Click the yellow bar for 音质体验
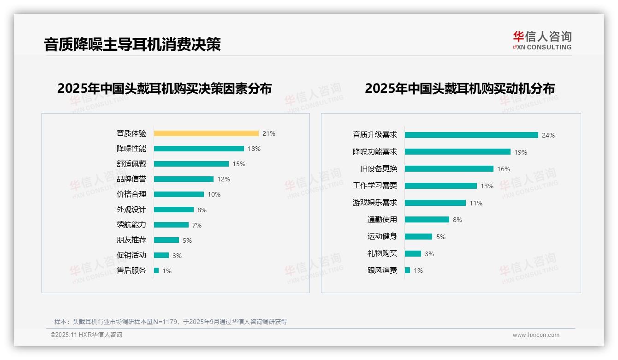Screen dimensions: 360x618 click(x=206, y=133)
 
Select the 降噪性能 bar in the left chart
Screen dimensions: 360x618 click(x=199, y=149)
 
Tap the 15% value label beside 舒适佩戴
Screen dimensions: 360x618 click(x=239, y=164)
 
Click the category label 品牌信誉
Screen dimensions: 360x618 click(x=131, y=179)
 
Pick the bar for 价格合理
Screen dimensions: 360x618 click(x=179, y=194)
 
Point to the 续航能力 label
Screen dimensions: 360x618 click(x=131, y=225)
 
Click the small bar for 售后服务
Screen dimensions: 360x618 click(x=156, y=270)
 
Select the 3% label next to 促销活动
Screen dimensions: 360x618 click(x=177, y=256)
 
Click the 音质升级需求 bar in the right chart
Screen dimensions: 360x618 click(x=471, y=135)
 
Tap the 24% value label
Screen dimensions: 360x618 click(x=548, y=135)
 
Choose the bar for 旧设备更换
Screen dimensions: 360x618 click(x=449, y=169)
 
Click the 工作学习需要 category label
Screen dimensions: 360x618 click(x=374, y=186)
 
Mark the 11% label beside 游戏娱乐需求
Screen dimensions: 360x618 click(x=476, y=203)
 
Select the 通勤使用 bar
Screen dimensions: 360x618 click(x=427, y=220)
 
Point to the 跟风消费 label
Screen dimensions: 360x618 click(x=382, y=270)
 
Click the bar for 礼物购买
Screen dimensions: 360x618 click(x=413, y=253)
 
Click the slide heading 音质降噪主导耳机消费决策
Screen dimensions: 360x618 click(x=132, y=44)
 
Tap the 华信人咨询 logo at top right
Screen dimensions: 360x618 click(x=542, y=41)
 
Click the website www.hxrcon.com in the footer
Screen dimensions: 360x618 click(x=536, y=335)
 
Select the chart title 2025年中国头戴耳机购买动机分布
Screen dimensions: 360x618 click(x=459, y=88)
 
